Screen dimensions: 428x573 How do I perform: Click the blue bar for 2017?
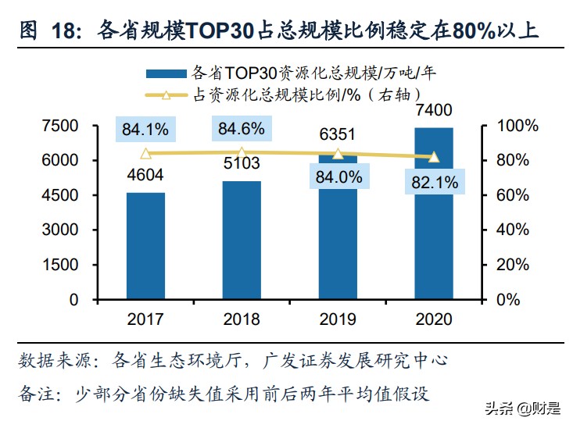point(145,245)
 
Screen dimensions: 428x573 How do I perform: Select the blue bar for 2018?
point(242,240)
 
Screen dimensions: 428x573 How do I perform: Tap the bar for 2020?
point(434,212)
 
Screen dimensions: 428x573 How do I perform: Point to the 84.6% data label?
point(242,127)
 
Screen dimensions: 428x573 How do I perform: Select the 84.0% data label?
point(338,177)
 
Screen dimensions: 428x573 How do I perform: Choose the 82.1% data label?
point(434,183)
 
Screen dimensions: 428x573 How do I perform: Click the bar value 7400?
point(434,110)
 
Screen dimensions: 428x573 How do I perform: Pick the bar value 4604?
point(145,176)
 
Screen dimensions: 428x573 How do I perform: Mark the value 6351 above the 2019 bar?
point(338,135)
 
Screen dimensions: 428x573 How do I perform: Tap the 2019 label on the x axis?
point(338,319)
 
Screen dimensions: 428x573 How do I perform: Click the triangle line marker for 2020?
point(434,157)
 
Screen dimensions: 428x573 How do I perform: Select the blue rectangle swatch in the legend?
point(167,73)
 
